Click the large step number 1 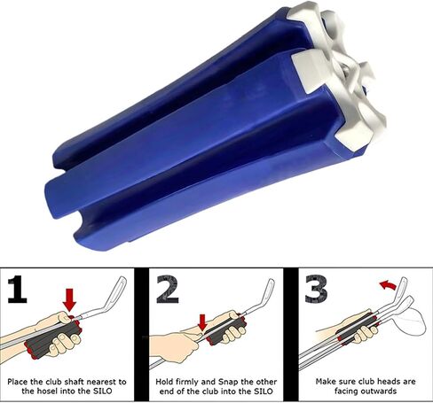click(18, 290)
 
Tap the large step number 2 click(168, 290)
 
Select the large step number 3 click(316, 290)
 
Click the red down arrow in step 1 click(69, 300)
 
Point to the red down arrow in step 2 click(202, 322)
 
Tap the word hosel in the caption click(48, 391)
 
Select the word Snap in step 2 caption click(228, 382)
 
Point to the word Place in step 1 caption click(17, 382)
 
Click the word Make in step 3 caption click(325, 382)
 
